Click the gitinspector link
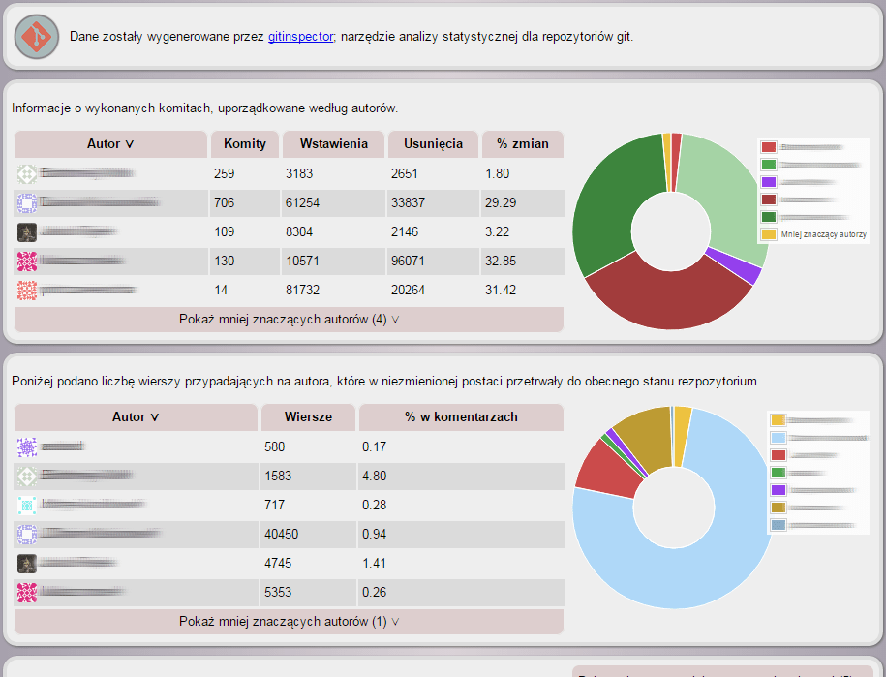pos(300,36)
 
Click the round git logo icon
pos(37,36)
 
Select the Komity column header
pos(245,144)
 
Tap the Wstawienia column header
pos(334,144)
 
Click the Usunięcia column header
pos(433,144)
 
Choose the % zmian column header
pos(523,144)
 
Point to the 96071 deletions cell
pos(411,262)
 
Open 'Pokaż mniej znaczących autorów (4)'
pos(289,320)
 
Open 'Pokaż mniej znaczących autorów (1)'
pos(289,622)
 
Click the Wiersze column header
pos(308,417)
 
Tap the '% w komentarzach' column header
pos(461,417)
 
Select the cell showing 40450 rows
pos(284,534)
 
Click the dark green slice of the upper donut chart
pos(605,203)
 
